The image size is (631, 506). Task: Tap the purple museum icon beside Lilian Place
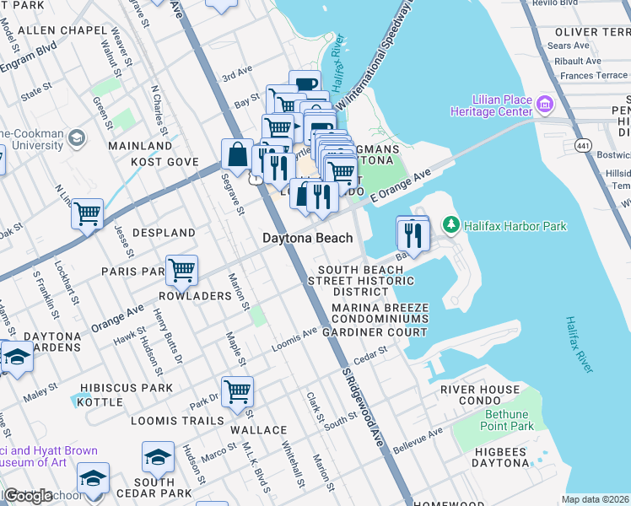[x=544, y=105]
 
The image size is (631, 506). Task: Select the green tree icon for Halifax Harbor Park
[x=451, y=225]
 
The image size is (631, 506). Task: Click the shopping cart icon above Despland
[x=87, y=214]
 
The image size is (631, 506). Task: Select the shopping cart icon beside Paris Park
[x=181, y=271]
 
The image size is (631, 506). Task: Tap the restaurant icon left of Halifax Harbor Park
[x=413, y=232]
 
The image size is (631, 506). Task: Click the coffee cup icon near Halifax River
[x=305, y=85]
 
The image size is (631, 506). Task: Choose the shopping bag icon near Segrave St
[x=237, y=154]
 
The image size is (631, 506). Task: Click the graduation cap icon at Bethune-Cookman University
[x=77, y=137]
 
